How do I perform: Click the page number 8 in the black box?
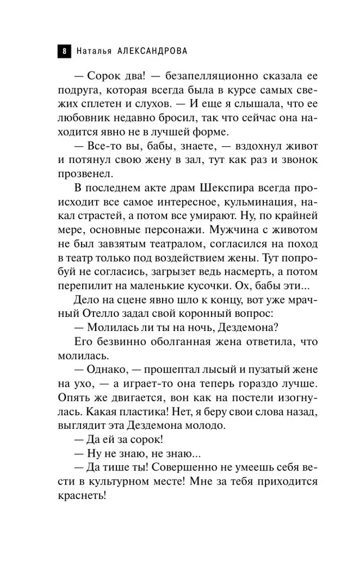pos(64,51)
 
